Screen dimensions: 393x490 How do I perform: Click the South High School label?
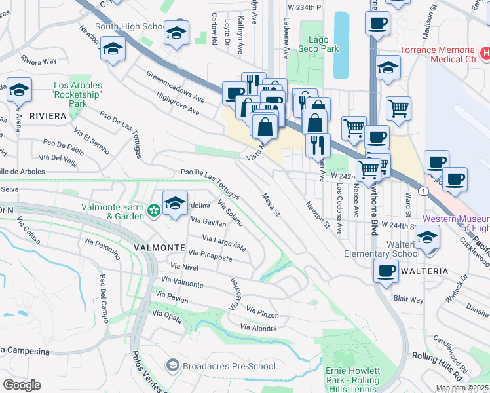pos(129,26)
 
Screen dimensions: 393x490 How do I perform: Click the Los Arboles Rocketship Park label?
pos(78,94)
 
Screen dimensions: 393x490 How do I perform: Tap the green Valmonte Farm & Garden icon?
pos(154,211)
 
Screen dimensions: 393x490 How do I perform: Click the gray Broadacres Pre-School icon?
pos(173,364)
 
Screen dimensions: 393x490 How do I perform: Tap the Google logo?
pos(22,385)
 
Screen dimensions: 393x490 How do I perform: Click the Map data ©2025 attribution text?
pos(462,388)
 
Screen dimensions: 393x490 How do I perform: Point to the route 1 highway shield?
pos(424,191)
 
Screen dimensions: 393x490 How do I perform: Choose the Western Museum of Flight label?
pos(456,223)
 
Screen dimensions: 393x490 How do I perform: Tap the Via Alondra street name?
pos(258,327)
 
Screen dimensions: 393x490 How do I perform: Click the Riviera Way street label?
pos(38,61)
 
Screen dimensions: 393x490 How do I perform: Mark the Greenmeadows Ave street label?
pos(176,86)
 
